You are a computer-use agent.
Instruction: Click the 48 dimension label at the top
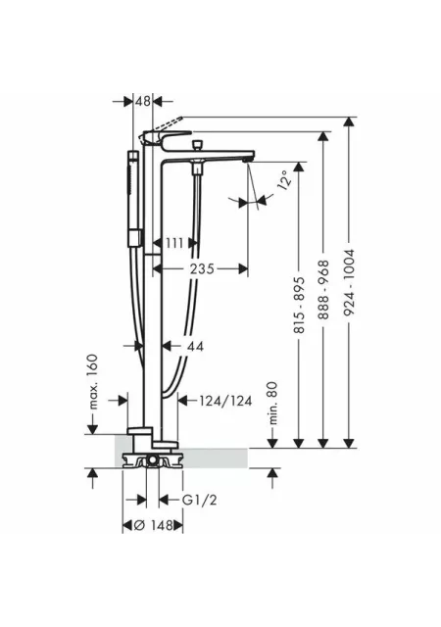(x=143, y=101)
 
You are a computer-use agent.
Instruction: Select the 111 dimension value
(x=174, y=243)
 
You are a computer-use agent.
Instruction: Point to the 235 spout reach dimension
(x=202, y=268)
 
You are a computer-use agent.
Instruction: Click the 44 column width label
(x=194, y=346)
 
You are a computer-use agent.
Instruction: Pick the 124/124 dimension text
(x=225, y=401)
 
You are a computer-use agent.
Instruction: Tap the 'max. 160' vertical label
(x=92, y=382)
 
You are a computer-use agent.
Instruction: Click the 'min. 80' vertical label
(x=272, y=403)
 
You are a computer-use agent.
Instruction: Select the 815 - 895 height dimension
(x=299, y=305)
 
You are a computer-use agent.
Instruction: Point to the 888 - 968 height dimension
(x=323, y=290)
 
